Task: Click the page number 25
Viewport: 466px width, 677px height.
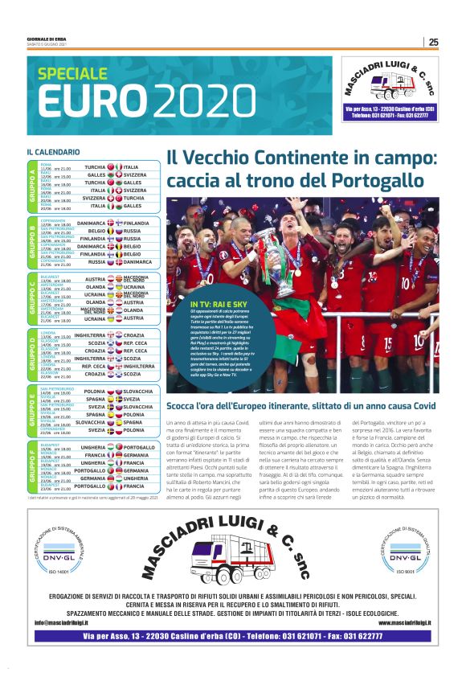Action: (x=433, y=42)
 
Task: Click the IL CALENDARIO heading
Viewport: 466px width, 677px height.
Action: (x=53, y=151)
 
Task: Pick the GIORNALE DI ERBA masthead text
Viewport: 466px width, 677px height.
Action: (x=45, y=39)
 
